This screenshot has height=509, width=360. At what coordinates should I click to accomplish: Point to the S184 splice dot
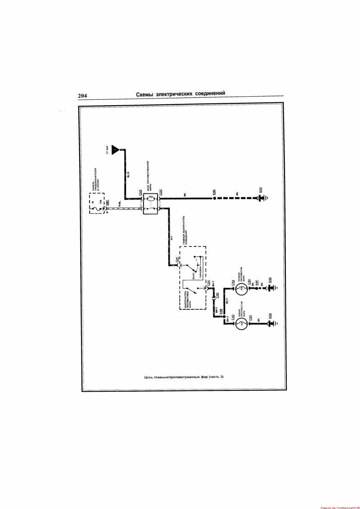point(214,198)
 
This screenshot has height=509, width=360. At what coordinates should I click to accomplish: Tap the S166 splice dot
point(225,317)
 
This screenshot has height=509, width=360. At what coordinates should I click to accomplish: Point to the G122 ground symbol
point(271,323)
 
